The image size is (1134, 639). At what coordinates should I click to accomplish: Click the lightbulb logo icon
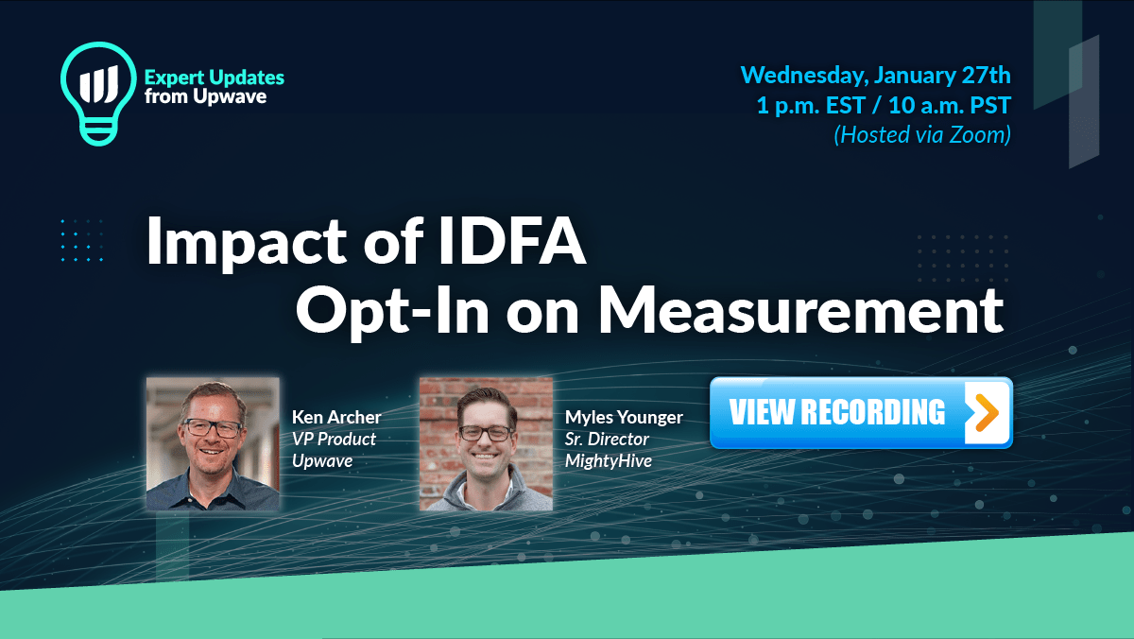(x=98, y=94)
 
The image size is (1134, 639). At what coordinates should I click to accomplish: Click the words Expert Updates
(x=215, y=78)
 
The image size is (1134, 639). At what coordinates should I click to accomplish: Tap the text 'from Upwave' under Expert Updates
(x=205, y=96)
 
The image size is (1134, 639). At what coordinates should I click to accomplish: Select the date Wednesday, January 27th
(x=875, y=76)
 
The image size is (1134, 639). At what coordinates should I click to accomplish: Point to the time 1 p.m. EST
(x=811, y=105)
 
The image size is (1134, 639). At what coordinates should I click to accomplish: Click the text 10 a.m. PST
(x=950, y=105)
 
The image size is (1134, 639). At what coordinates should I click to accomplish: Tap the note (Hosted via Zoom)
(x=922, y=134)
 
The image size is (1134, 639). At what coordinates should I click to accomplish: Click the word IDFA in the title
(x=511, y=240)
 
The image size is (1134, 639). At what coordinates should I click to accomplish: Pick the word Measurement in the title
(x=800, y=310)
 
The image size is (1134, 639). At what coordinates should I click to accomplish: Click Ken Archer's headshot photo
(x=213, y=443)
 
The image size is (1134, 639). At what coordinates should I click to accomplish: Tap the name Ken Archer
(x=336, y=417)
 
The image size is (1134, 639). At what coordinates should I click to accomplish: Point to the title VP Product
(x=334, y=439)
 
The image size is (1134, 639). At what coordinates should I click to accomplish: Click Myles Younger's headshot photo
(x=486, y=443)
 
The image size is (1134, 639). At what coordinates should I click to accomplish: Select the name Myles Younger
(x=624, y=418)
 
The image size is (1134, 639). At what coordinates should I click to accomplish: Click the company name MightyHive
(x=608, y=461)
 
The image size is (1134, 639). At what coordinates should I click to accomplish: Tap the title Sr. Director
(x=607, y=439)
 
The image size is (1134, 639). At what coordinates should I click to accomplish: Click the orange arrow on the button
(x=985, y=413)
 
